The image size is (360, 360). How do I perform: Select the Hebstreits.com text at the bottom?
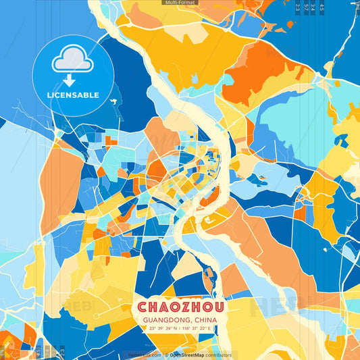pyautogui.click(x=145, y=355)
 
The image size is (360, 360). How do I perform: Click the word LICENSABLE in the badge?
pyautogui.click(x=73, y=95)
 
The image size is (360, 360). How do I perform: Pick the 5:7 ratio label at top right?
pyautogui.click(x=307, y=7)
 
